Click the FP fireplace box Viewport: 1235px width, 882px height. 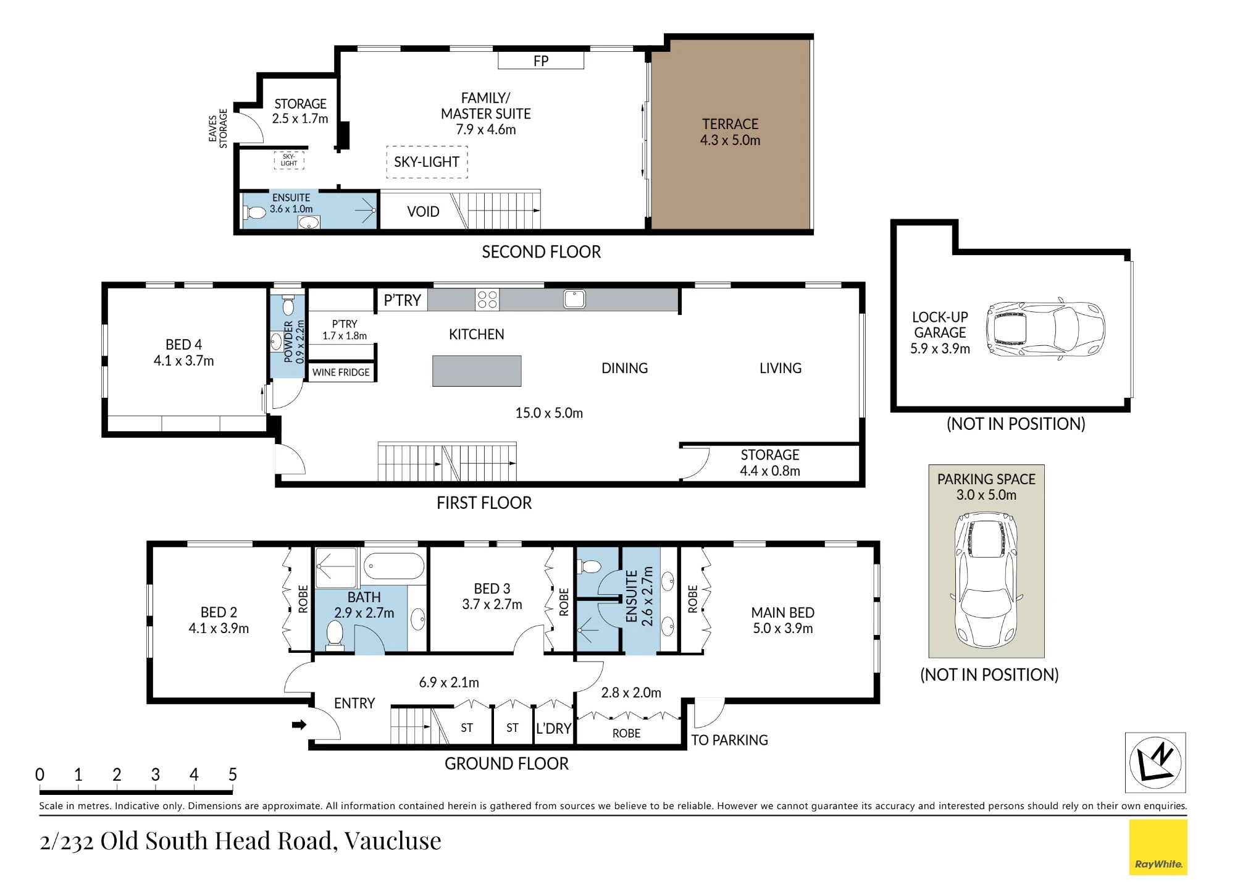pos(541,61)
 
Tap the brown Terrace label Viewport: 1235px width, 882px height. pos(730,132)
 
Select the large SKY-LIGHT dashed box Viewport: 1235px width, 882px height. pos(427,162)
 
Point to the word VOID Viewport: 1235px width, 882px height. pos(423,212)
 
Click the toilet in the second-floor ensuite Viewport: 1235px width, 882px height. pos(254,212)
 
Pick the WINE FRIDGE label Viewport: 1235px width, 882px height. pos(341,372)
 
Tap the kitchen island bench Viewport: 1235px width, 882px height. pos(477,371)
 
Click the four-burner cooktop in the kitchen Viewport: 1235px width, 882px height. pos(487,300)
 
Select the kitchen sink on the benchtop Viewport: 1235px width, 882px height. pos(574,299)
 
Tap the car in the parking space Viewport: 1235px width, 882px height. pos(986,579)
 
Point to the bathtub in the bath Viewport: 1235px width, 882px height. pos(394,566)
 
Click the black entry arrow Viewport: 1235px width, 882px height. pos(299,724)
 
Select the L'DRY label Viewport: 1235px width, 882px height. pos(553,729)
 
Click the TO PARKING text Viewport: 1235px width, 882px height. pos(729,740)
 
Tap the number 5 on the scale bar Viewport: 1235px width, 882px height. pos(233,775)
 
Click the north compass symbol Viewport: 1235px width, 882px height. pos(1155,762)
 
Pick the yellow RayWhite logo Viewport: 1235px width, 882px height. pos(1158,847)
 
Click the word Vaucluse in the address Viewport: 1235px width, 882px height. pos(393,841)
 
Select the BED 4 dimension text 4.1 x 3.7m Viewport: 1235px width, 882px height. pos(184,361)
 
